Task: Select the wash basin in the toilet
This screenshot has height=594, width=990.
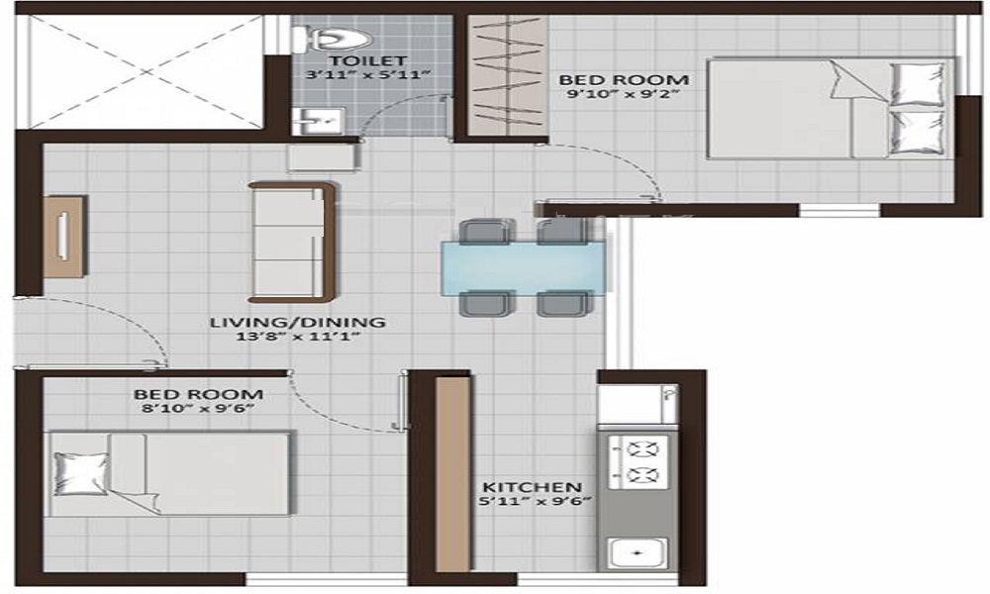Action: pyautogui.click(x=316, y=121)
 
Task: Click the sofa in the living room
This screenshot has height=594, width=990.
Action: pyautogui.click(x=290, y=242)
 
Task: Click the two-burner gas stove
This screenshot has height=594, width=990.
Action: pyautogui.click(x=637, y=460)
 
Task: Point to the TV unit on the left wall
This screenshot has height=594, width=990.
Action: pyautogui.click(x=64, y=237)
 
